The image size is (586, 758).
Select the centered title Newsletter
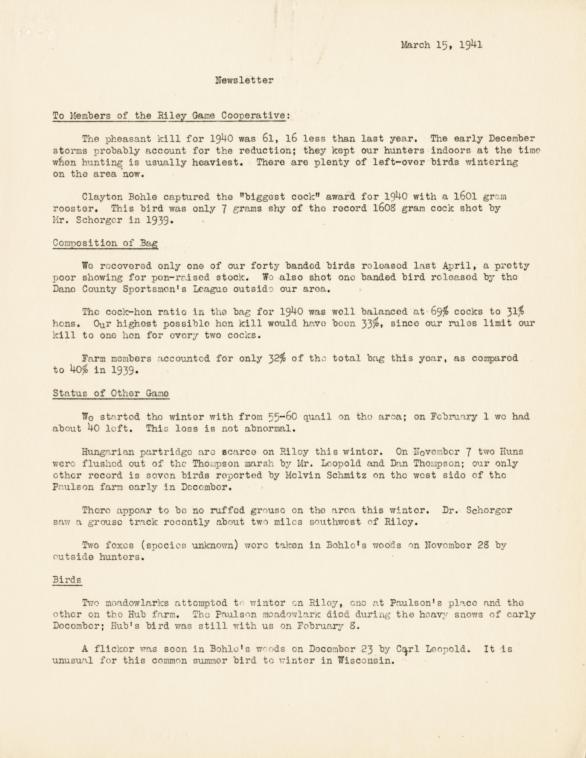244,81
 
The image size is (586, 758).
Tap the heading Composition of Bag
105,243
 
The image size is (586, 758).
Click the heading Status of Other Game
111,394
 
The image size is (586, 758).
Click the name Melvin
306,475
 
